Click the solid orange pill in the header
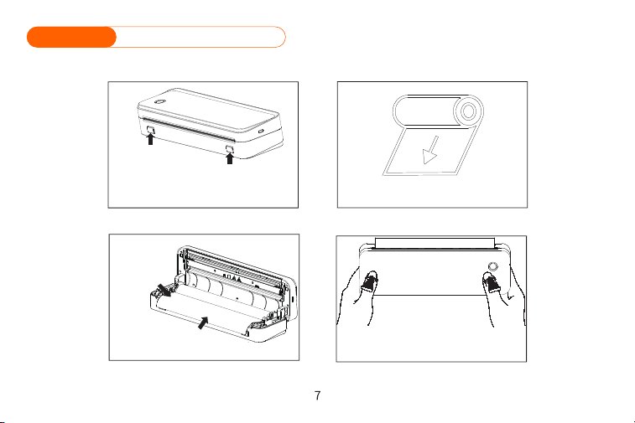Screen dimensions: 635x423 (71, 37)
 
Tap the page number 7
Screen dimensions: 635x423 (317, 395)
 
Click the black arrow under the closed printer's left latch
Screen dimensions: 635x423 (150, 139)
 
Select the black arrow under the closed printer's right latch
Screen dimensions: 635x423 (230, 158)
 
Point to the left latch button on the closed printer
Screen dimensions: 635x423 (150, 129)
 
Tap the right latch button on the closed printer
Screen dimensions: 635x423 (230, 149)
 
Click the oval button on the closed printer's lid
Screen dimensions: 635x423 (159, 101)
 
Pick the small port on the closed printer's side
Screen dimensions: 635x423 (261, 131)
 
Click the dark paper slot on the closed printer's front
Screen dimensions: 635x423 (188, 129)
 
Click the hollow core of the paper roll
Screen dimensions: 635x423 (469, 111)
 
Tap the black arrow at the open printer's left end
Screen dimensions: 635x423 (164, 290)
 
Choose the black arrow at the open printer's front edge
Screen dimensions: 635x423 (203, 322)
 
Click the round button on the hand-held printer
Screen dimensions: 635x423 (493, 266)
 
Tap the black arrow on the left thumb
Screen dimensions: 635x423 (369, 282)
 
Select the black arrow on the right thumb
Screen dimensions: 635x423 (492, 282)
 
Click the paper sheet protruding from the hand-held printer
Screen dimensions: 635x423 (435, 243)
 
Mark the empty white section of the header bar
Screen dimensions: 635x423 (200, 37)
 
